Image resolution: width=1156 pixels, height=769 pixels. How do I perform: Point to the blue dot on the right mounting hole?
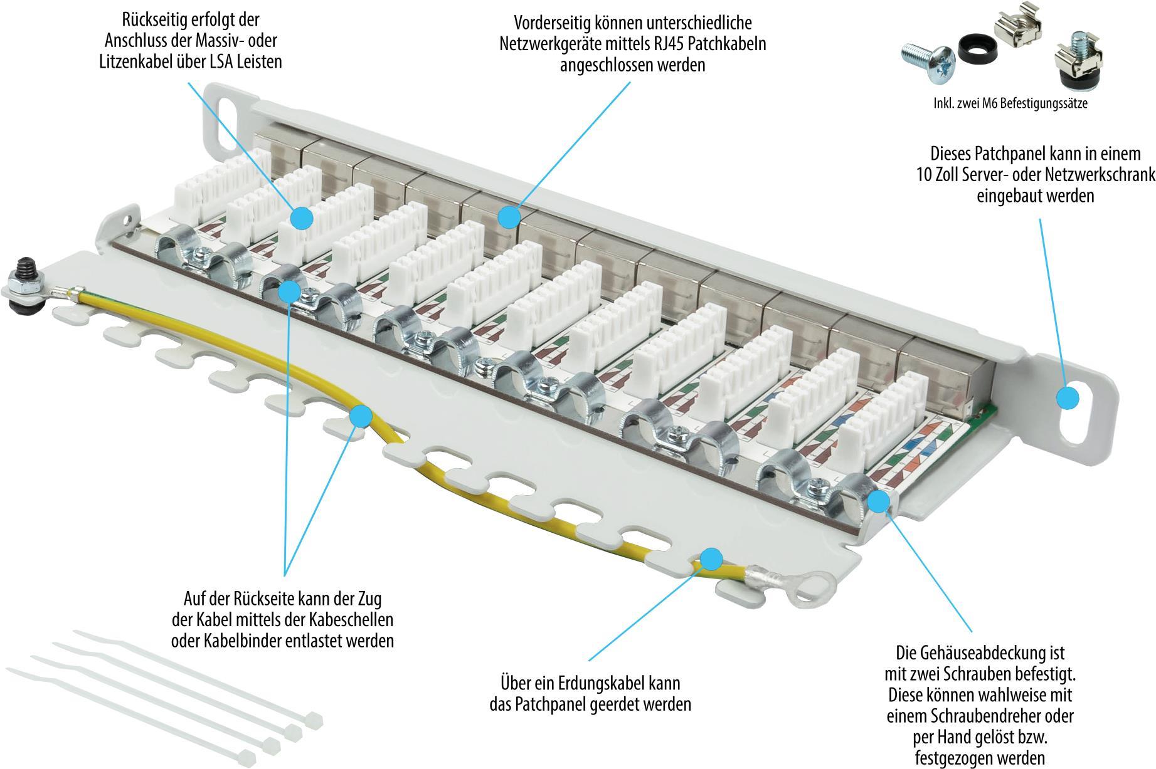click(1067, 397)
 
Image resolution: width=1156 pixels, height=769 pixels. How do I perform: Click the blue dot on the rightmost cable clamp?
click(879, 501)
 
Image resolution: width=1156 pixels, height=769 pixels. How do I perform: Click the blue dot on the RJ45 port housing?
click(509, 217)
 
